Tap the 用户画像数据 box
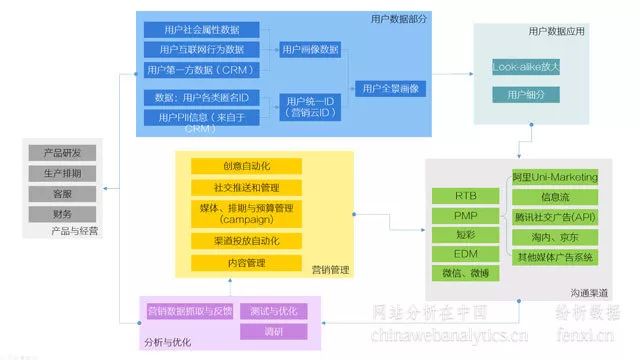coord(310,49)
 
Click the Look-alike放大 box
coord(525,67)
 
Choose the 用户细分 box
coord(525,95)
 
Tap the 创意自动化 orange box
coord(246,166)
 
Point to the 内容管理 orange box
coord(246,262)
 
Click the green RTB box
coord(465,196)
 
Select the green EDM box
coord(465,253)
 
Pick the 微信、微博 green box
coord(465,272)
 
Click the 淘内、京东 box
coord(555,237)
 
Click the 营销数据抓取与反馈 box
coord(190,311)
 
